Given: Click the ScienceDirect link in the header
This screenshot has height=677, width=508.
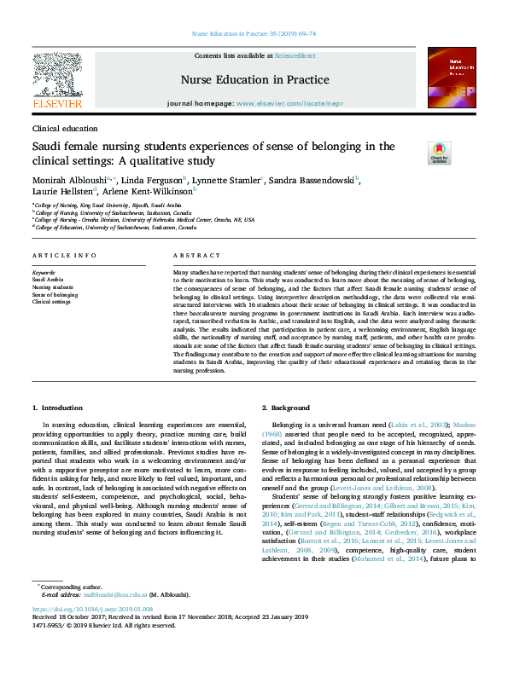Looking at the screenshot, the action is pos(295,55).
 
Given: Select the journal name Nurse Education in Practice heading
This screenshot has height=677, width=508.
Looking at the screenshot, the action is pos(254,80).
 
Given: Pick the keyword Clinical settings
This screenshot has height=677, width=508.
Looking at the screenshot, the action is pos(51,302).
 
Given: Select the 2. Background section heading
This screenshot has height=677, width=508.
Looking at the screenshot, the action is pos(286,408).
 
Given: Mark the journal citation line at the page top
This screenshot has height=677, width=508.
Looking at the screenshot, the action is pos(254,33).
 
